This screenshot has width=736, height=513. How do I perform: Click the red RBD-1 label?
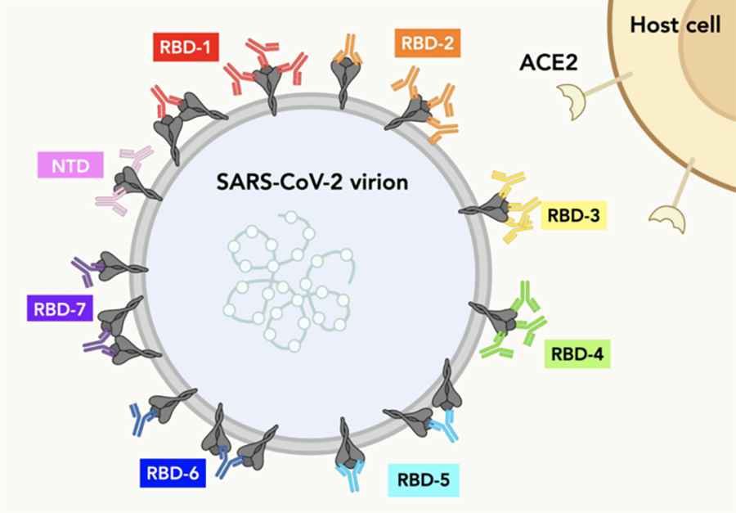click(x=184, y=48)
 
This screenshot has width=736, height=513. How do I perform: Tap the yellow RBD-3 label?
click(x=573, y=217)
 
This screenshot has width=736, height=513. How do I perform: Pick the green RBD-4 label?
click(x=577, y=354)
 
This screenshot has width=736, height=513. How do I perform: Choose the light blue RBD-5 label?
click(x=424, y=479)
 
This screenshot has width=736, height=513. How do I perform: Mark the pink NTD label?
click(x=70, y=166)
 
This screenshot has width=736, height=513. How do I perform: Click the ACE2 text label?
click(x=549, y=62)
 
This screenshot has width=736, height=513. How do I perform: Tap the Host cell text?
click(x=675, y=25)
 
